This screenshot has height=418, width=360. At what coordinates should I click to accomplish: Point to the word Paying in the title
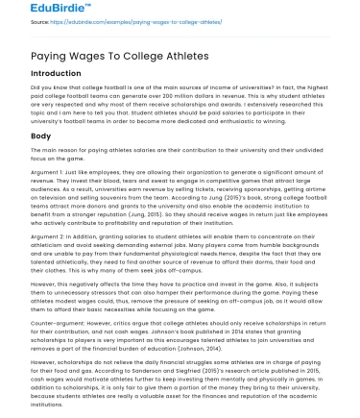[46, 57]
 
